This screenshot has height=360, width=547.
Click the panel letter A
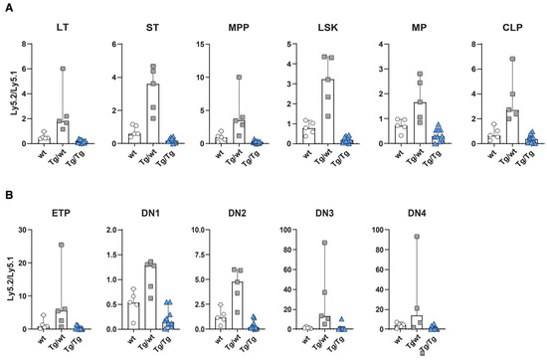(8, 8)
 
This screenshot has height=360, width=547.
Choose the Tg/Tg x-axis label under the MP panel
(442, 161)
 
